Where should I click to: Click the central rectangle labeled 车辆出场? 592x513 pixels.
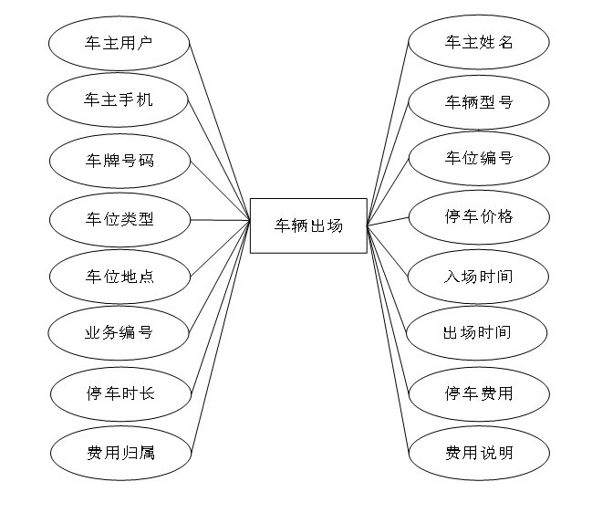[x=308, y=225]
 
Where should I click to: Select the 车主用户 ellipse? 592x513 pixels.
[x=119, y=42]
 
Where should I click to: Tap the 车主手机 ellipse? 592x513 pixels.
[x=119, y=99]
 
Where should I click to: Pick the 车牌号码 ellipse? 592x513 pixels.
[x=119, y=161]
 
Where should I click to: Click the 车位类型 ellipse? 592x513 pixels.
[x=119, y=219]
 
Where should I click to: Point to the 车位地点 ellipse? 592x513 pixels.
[x=119, y=276]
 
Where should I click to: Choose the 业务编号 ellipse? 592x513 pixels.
[x=119, y=332]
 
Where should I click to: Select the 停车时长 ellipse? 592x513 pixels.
[x=120, y=393]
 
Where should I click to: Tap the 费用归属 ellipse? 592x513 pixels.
[x=120, y=451]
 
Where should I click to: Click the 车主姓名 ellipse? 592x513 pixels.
[x=479, y=42]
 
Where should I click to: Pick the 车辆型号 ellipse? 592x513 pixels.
[x=479, y=101]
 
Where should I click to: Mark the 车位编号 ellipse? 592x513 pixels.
[x=479, y=158]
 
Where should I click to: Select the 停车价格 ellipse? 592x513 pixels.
[x=479, y=216]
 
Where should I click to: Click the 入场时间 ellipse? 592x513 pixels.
[x=478, y=276]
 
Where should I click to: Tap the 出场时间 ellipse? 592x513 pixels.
[x=478, y=332]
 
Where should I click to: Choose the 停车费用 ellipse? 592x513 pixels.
[x=479, y=393]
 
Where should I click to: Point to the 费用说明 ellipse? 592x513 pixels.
[x=479, y=452]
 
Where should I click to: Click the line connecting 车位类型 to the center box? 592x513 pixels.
[x=219, y=220]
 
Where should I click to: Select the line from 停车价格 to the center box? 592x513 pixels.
[x=388, y=221]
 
